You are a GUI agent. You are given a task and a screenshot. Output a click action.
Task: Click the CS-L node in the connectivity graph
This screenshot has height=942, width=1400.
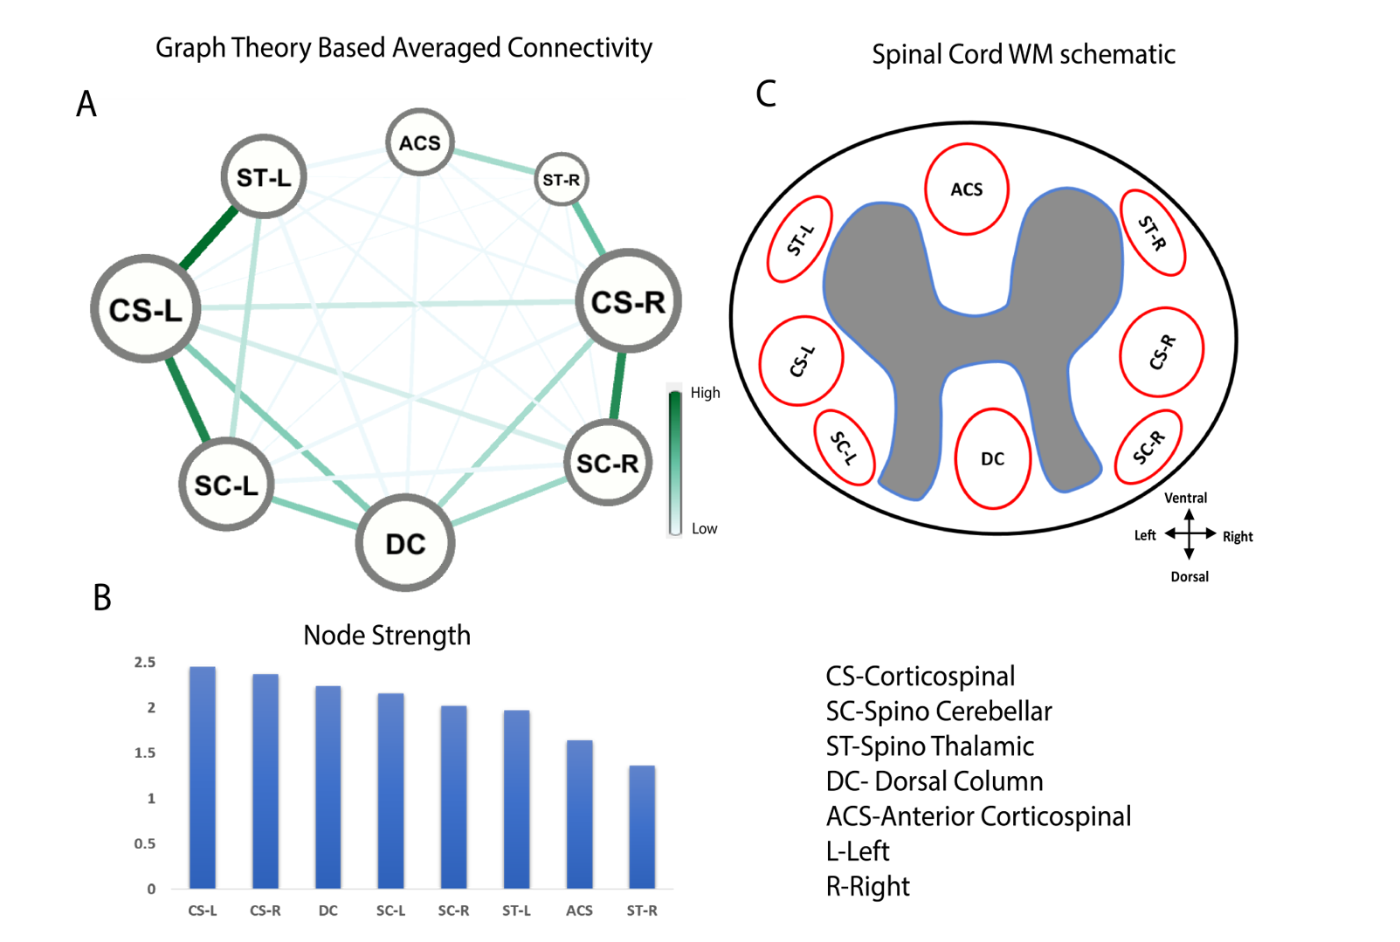point(146,309)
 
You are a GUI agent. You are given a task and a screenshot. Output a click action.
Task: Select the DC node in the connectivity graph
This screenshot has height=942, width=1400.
point(405,543)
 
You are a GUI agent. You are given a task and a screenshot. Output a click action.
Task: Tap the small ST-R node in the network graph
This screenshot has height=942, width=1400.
point(561,180)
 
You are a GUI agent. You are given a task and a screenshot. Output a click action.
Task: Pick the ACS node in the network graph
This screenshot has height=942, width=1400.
point(420,142)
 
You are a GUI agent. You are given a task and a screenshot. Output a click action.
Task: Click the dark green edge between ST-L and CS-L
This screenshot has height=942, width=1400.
point(209,237)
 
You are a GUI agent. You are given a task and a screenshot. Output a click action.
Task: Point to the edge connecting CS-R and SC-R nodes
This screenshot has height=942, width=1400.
point(618,384)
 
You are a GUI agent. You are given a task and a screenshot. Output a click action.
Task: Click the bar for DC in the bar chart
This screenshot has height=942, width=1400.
point(328,787)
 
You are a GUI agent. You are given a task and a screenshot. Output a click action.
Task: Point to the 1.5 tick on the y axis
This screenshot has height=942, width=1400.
point(145,753)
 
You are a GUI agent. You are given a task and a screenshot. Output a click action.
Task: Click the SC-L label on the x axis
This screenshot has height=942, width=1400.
point(390,911)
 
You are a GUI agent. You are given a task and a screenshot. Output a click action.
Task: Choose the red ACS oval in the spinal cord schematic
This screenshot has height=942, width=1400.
point(967,189)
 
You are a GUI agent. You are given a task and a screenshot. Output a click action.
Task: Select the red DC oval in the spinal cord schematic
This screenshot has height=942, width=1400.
point(992,458)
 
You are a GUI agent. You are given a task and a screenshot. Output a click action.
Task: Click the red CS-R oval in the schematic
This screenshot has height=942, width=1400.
point(1162,352)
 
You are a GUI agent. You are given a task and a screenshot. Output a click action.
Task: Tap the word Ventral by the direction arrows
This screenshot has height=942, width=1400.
point(1185,498)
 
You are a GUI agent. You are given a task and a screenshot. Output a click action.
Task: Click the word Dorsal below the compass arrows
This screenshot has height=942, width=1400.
point(1190,576)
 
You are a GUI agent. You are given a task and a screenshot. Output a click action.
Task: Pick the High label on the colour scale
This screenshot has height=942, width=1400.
point(705,393)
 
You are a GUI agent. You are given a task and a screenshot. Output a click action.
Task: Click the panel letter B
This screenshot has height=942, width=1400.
point(102,598)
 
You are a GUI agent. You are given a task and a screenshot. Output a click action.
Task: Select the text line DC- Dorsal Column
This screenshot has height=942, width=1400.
point(934,780)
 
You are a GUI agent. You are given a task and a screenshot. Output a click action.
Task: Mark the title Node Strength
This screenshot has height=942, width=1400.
point(387,635)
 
